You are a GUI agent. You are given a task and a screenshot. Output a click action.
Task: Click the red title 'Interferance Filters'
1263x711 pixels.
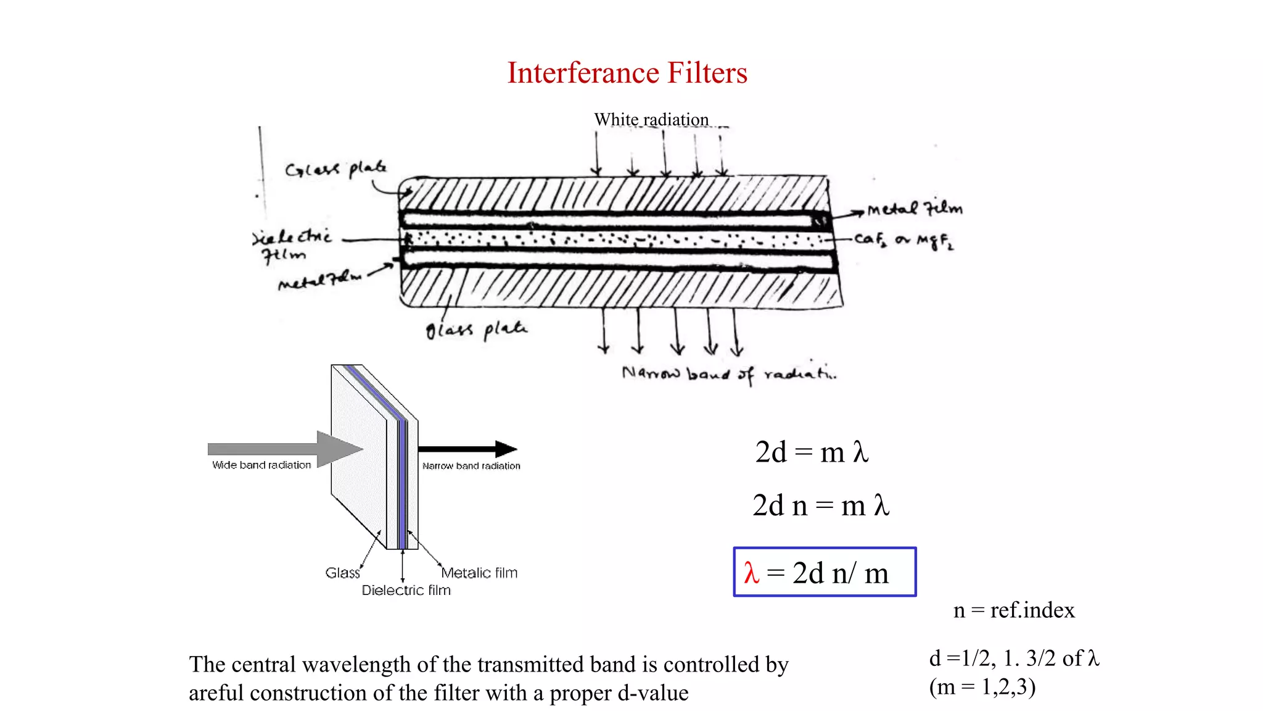pyautogui.click(x=627, y=73)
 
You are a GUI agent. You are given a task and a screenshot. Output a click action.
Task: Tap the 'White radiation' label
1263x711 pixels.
pyautogui.click(x=651, y=119)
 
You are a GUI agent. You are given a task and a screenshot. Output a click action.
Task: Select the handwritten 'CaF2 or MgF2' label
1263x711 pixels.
pyautogui.click(x=904, y=240)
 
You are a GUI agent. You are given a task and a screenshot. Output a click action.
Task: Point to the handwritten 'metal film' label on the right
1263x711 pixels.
pyautogui.click(x=915, y=209)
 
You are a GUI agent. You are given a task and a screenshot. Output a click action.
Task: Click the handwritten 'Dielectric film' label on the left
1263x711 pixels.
pyautogui.click(x=291, y=245)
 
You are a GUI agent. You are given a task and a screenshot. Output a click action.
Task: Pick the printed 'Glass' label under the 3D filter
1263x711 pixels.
pyautogui.click(x=342, y=573)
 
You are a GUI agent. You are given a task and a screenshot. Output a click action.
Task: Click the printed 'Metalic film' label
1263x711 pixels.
pyautogui.click(x=480, y=573)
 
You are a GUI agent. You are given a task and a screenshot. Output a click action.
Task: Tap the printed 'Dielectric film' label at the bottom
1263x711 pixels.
pyautogui.click(x=406, y=590)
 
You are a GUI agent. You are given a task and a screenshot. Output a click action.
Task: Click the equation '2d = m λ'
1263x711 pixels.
pyautogui.click(x=812, y=452)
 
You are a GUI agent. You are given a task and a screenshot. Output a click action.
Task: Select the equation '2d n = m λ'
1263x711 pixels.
pyautogui.click(x=820, y=505)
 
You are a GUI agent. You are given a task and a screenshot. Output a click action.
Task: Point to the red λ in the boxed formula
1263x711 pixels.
pyautogui.click(x=751, y=573)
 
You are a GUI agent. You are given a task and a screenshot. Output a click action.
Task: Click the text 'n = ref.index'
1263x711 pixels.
pyautogui.click(x=1014, y=610)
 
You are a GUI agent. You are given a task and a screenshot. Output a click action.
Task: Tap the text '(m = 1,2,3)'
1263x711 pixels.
pyautogui.click(x=982, y=686)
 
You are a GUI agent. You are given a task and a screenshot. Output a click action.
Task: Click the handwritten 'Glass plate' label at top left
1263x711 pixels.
pyautogui.click(x=336, y=168)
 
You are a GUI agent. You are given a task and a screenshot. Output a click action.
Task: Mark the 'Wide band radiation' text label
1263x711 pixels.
pyautogui.click(x=261, y=465)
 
